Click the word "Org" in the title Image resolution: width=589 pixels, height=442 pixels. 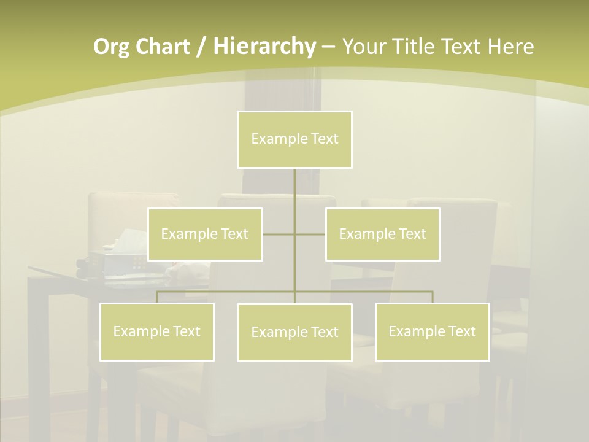pyautogui.click(x=111, y=47)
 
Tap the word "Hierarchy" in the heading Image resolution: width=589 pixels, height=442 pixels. pyautogui.click(x=264, y=47)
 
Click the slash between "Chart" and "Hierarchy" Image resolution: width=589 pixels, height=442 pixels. pyautogui.click(x=202, y=47)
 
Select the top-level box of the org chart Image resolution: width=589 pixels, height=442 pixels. pyautogui.click(x=294, y=139)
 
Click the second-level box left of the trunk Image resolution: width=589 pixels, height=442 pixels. pyautogui.click(x=205, y=234)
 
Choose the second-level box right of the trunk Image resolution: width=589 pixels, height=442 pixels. pyautogui.click(x=382, y=234)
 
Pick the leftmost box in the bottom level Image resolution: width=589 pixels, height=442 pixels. pyautogui.click(x=156, y=331)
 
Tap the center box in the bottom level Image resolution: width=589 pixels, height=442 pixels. pyautogui.click(x=294, y=332)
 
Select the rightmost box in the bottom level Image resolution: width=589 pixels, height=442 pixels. pyautogui.click(x=432, y=331)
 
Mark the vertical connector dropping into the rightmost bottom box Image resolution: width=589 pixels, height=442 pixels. pyautogui.click(x=433, y=297)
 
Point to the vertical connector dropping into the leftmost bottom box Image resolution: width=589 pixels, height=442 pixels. pyautogui.click(x=156, y=297)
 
